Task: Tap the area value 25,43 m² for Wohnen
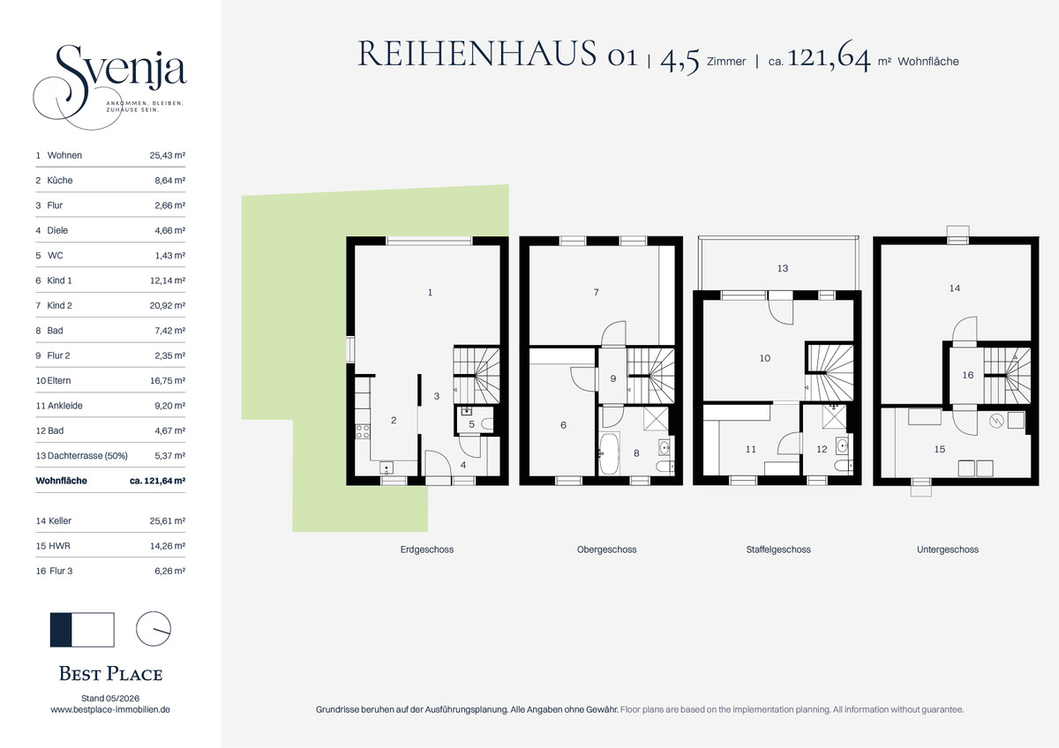coord(168,155)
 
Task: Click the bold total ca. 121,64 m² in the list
coord(157,481)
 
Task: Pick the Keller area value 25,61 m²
coord(168,521)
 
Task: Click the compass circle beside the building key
coord(154,629)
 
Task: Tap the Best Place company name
coord(110,674)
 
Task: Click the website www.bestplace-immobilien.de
coord(110,710)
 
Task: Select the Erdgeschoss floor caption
coord(427,550)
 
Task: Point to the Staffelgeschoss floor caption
coord(778,550)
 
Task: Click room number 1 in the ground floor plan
coord(430,293)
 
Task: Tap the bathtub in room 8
coord(610,453)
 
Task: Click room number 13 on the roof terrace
coord(783,268)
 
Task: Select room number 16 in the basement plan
coord(968,375)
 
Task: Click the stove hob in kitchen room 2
coord(363,431)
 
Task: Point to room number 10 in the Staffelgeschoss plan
coord(764,358)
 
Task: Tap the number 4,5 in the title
coord(680,61)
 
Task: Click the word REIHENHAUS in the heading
coord(477,54)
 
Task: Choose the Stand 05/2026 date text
coord(110,699)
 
